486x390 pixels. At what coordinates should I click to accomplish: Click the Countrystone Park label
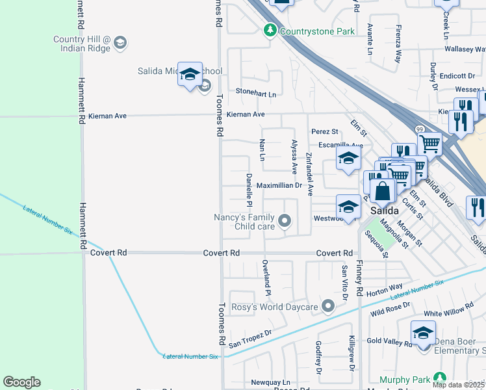pyautogui.click(x=309, y=31)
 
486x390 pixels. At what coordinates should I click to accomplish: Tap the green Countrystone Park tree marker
pyautogui.click(x=270, y=31)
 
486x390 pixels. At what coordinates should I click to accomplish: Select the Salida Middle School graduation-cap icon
pyautogui.click(x=190, y=75)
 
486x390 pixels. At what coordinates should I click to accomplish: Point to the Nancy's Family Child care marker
pyautogui.click(x=284, y=222)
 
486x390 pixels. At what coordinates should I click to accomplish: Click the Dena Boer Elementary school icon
pyautogui.click(x=423, y=333)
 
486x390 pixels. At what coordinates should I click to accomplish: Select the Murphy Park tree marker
pyautogui.click(x=440, y=378)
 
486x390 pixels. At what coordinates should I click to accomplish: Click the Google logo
pyautogui.click(x=21, y=382)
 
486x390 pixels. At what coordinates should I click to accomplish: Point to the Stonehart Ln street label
pyautogui.click(x=255, y=94)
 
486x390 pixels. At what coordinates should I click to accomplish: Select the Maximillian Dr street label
pyautogui.click(x=279, y=185)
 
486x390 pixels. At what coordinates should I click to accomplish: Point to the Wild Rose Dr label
pyautogui.click(x=390, y=309)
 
